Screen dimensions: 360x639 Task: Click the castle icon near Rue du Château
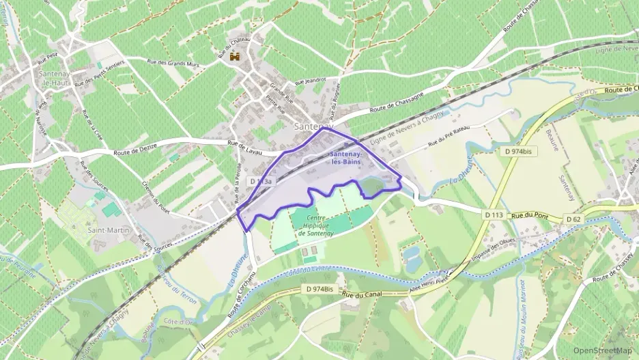point(236,57)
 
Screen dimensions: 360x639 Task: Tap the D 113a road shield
point(261,182)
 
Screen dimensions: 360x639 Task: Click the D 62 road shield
point(574,219)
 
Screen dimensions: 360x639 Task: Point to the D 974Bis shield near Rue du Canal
point(319,290)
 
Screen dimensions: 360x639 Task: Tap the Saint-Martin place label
point(109,230)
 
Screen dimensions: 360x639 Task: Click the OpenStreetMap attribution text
point(603,350)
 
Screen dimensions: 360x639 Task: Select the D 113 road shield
point(494,215)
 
